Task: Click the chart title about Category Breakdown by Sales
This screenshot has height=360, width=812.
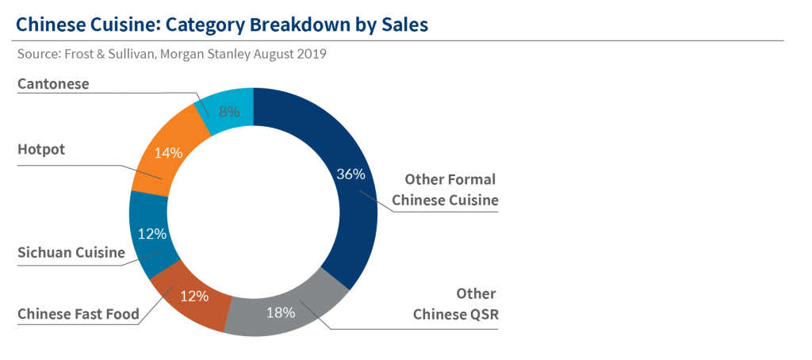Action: click(x=222, y=24)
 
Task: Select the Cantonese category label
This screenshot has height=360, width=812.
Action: click(x=53, y=83)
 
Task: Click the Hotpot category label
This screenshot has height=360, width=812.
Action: click(x=40, y=150)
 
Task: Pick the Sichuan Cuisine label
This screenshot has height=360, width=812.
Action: click(x=71, y=253)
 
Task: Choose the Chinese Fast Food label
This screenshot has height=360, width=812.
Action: click(x=79, y=314)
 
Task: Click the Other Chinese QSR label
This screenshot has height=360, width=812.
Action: click(x=456, y=304)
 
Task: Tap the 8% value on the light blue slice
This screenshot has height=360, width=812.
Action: click(x=229, y=112)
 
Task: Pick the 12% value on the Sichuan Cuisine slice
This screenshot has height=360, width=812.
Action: click(x=151, y=234)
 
